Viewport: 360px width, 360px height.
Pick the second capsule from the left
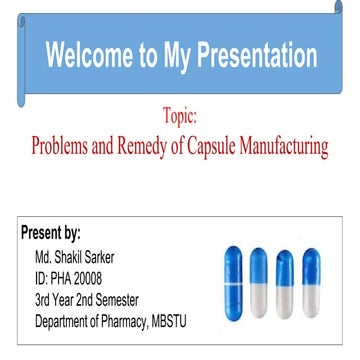(x=260, y=277)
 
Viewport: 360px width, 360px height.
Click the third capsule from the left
(x=286, y=279)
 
